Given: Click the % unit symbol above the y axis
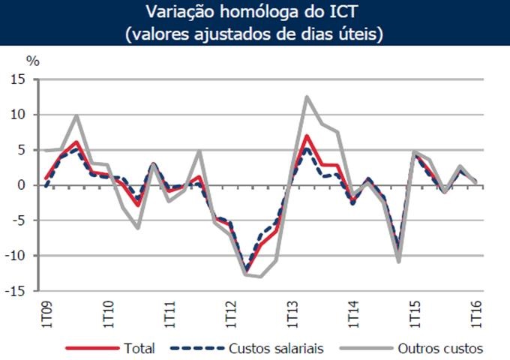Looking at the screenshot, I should tap(31, 61).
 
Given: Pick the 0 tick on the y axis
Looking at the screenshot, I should tap(22, 185).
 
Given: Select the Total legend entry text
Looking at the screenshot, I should tap(140, 348).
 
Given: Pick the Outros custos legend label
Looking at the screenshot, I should tap(441, 348).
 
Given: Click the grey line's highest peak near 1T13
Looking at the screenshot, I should tap(307, 97).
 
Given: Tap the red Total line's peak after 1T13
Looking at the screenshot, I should tap(307, 136).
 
